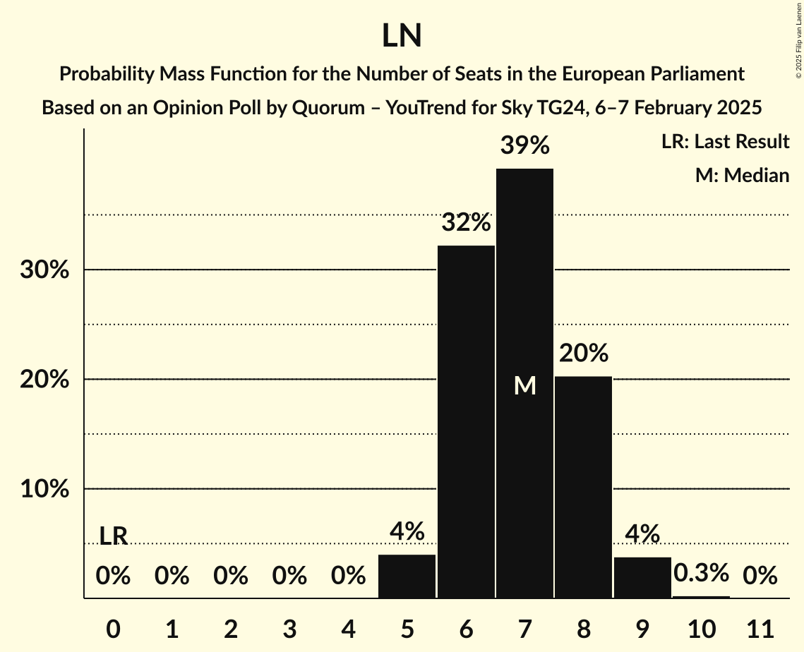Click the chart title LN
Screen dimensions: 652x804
tap(402, 36)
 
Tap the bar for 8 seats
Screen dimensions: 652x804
tap(583, 487)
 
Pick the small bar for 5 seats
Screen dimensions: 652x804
tap(407, 576)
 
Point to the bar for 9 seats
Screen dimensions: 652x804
tap(642, 578)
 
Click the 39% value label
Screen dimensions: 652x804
tap(524, 146)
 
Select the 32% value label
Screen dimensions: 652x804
tap(466, 223)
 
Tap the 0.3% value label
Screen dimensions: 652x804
tap(701, 573)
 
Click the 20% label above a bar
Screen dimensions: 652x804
tap(583, 353)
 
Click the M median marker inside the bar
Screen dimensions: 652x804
tap(524, 385)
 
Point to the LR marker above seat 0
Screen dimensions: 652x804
tap(113, 536)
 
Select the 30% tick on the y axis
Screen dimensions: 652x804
tap(44, 270)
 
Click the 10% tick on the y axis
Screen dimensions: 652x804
tap(44, 489)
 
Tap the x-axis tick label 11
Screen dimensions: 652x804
tap(760, 627)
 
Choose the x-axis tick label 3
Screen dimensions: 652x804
tap(289, 627)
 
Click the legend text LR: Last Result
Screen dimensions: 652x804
tap(725, 142)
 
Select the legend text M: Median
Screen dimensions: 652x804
tap(742, 175)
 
